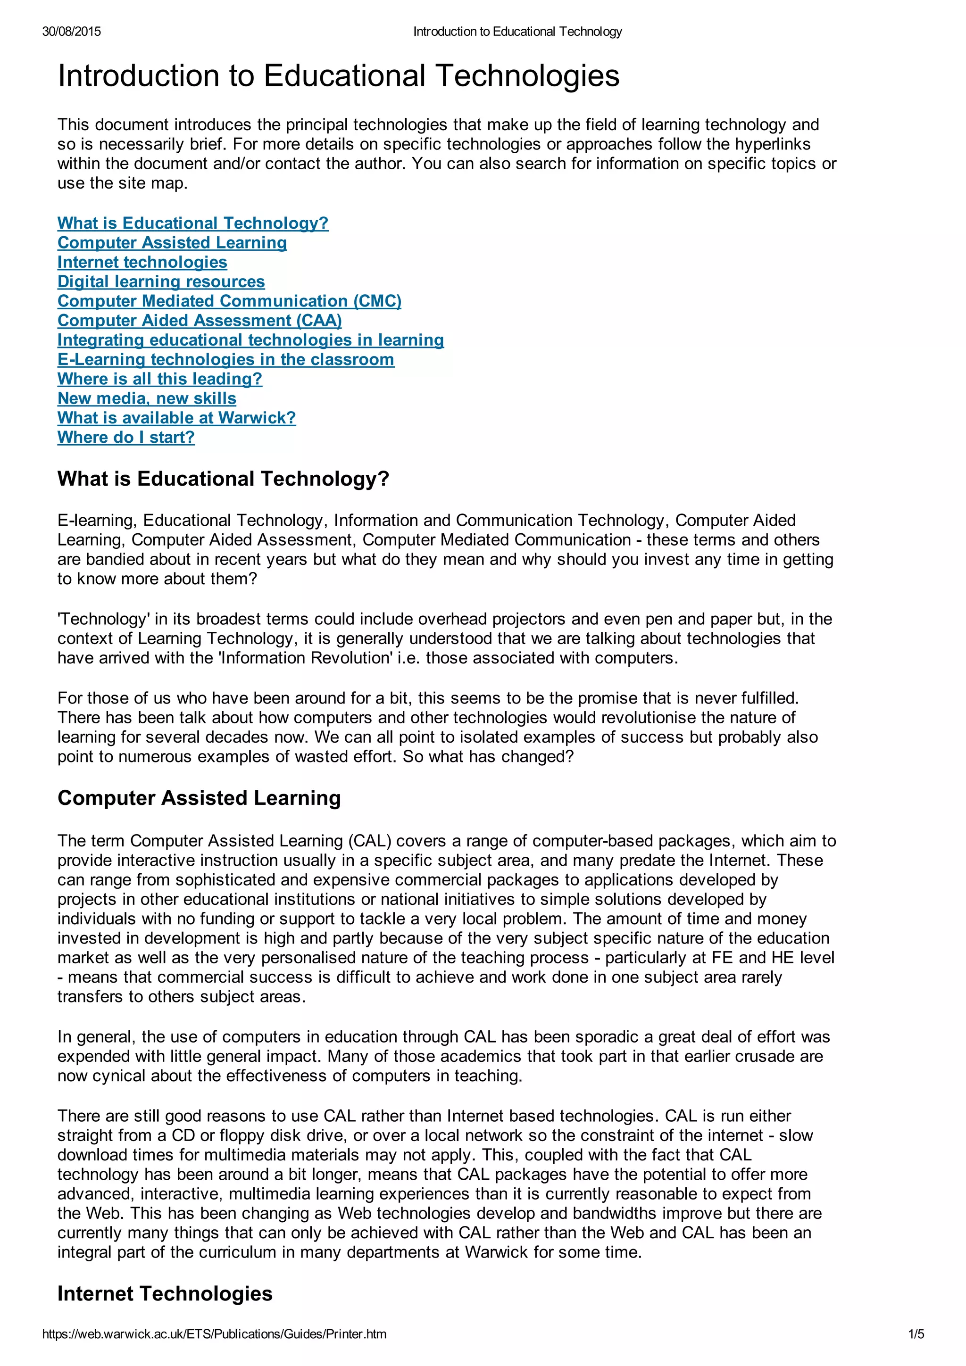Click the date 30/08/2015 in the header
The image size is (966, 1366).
pyautogui.click(x=71, y=32)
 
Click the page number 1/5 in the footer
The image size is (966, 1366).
pyautogui.click(x=916, y=1334)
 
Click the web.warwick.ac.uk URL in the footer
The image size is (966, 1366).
pyautogui.click(x=214, y=1334)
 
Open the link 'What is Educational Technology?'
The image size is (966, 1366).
pyautogui.click(x=193, y=223)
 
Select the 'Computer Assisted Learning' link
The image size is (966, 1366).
pyautogui.click(x=172, y=243)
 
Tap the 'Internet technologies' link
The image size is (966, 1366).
pyautogui.click(x=142, y=262)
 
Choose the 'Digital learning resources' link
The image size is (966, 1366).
pyautogui.click(x=161, y=281)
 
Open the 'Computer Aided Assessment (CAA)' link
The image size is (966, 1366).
pyautogui.click(x=200, y=321)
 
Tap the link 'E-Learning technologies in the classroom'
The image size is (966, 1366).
pyautogui.click(x=225, y=359)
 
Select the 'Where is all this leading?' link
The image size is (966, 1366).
pyautogui.click(x=159, y=379)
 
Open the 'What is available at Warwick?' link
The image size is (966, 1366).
pyautogui.click(x=176, y=418)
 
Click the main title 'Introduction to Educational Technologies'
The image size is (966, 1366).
pyautogui.click(x=338, y=76)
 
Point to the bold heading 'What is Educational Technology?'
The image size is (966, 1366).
pyautogui.click(x=223, y=479)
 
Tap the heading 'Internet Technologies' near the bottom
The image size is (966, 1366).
pyautogui.click(x=165, y=1293)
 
